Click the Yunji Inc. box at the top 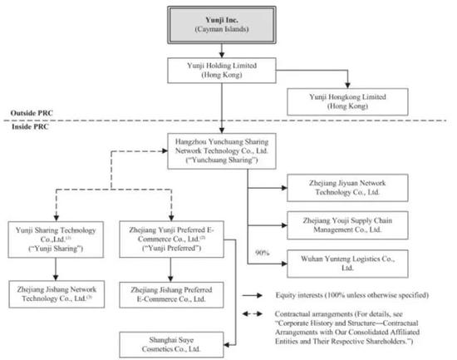click(222, 25)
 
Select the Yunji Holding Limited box click(222, 71)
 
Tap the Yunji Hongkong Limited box click(347, 101)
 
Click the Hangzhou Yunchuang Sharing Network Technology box click(222, 151)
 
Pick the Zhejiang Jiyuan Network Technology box click(347, 188)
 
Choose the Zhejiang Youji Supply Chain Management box click(347, 225)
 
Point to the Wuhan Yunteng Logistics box click(347, 264)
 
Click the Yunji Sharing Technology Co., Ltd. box click(56, 239)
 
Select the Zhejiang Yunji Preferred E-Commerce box click(171, 239)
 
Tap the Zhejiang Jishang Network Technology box click(57, 294)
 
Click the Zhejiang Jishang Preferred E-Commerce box click(171, 294)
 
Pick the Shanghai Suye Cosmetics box click(171, 344)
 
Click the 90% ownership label click(262, 253)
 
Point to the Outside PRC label click(32, 113)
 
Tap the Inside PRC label click(30, 126)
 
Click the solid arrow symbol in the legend click(252, 295)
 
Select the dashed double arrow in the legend click(252, 314)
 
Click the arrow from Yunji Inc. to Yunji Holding click(222, 51)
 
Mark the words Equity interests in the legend click(299, 295)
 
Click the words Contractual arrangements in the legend click(313, 314)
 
